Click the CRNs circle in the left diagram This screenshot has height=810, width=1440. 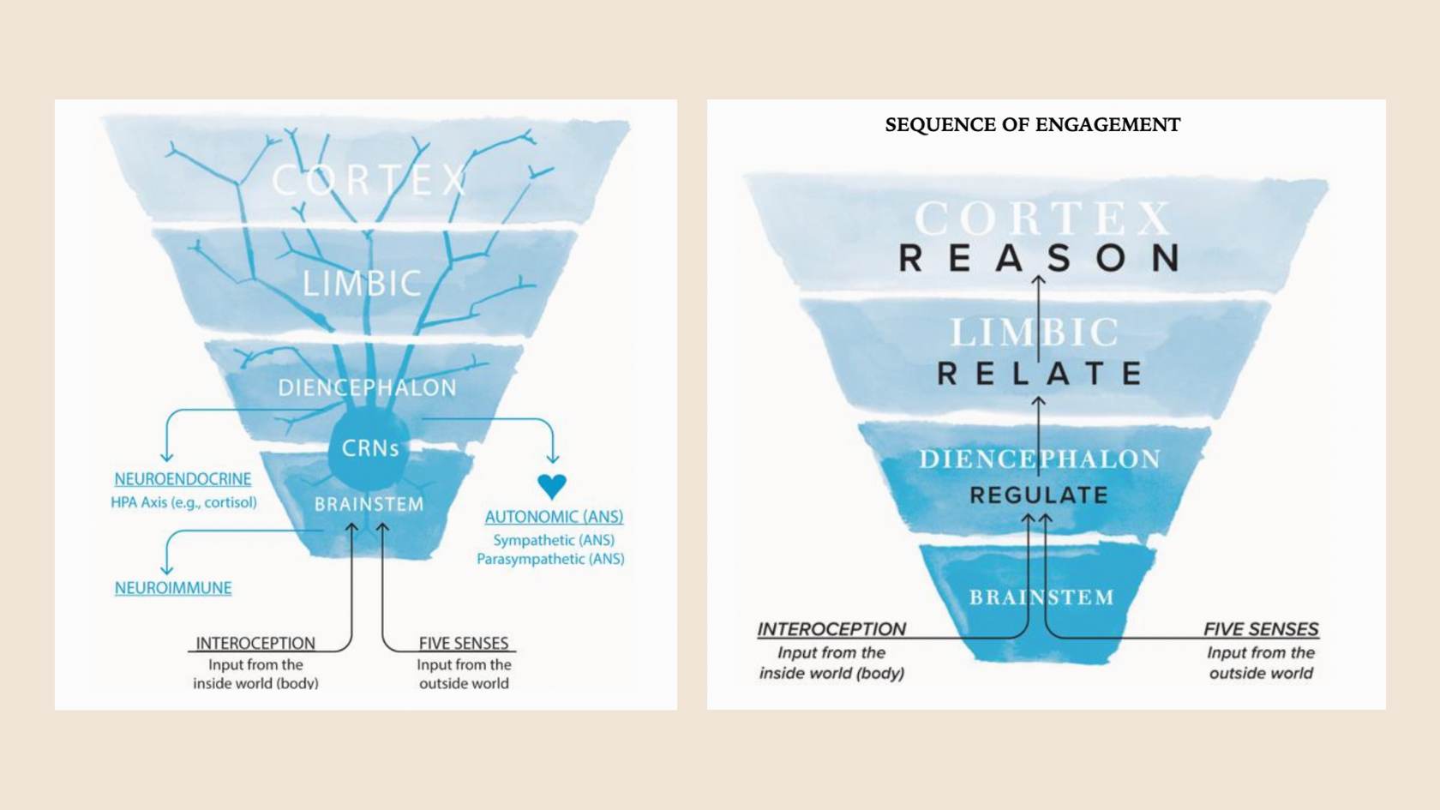click(369, 448)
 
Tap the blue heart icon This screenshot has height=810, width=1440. click(552, 486)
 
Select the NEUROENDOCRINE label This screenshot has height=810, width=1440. click(183, 479)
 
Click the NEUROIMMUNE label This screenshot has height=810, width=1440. click(173, 588)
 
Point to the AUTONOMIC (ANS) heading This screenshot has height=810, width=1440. click(554, 517)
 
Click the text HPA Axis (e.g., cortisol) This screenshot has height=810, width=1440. click(183, 502)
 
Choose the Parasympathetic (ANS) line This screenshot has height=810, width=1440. click(550, 559)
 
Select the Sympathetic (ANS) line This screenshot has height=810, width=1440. click(554, 540)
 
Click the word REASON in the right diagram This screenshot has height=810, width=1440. click(1039, 258)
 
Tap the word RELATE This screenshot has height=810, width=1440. click(1039, 373)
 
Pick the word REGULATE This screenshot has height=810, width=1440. click(1039, 495)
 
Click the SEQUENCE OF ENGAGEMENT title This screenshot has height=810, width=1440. click(1032, 124)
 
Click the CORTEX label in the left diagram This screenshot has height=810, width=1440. click(369, 180)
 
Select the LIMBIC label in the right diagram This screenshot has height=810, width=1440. click(1035, 333)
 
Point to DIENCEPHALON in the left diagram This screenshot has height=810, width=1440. click(367, 387)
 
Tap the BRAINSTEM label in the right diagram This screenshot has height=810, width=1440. click(1041, 597)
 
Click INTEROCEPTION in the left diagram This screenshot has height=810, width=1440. click(255, 643)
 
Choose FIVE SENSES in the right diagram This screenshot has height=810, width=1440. click(1262, 629)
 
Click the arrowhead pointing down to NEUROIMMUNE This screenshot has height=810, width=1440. click(166, 569)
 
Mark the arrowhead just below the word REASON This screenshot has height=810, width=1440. click(1038, 280)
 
